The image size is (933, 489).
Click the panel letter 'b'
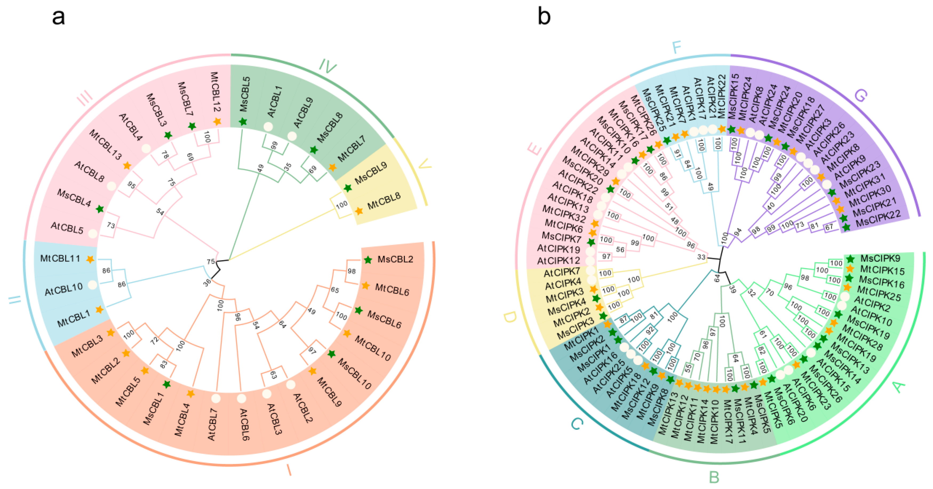pos(544,16)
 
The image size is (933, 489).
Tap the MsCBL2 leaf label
pos(395,259)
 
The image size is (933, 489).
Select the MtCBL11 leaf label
pos(60,258)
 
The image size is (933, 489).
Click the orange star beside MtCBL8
pos(358,211)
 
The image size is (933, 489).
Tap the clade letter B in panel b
pos(714,477)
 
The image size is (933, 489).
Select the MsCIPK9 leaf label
pos(880,258)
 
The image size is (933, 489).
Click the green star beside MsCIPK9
pos(850,259)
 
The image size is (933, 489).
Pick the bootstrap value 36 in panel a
pos(207,282)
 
